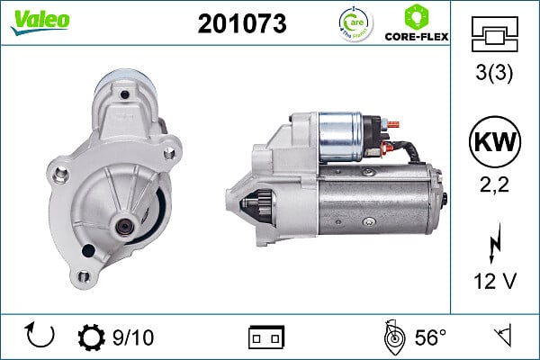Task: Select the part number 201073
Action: click(241, 24)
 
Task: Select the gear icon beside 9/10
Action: click(91, 337)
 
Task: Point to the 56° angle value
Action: click(429, 337)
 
